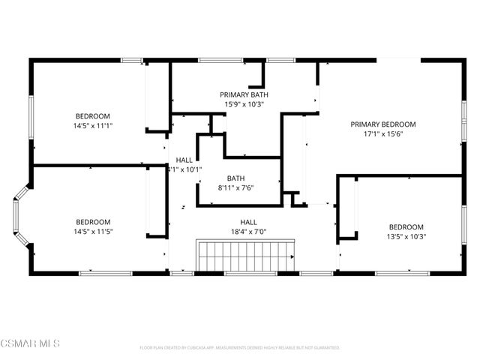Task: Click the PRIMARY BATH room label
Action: coord(244,94)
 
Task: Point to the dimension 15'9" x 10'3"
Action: coord(244,104)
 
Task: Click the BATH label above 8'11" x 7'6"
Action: coord(235,178)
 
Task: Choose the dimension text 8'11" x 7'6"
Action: coord(235,187)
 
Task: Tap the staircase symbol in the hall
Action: coord(246,256)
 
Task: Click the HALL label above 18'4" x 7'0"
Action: coord(248,222)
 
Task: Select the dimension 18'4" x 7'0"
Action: coord(248,232)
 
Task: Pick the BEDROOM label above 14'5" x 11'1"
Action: coord(92,115)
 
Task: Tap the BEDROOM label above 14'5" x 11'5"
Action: coord(93,222)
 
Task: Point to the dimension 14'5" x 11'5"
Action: coord(93,232)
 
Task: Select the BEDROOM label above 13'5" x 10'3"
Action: coord(406,227)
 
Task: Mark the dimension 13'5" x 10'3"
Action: coord(406,237)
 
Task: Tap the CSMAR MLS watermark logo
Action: coord(30,343)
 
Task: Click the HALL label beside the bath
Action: coord(184,160)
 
